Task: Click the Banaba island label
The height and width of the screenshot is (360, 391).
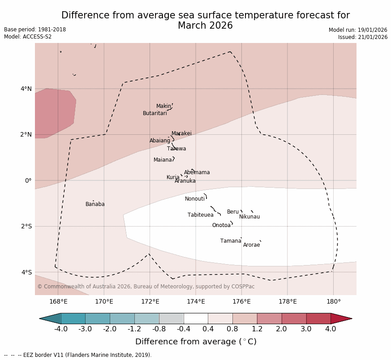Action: click(95, 205)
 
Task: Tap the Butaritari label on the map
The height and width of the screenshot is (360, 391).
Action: click(155, 114)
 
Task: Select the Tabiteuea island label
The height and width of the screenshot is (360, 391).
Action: click(201, 215)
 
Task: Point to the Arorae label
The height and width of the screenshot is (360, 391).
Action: click(251, 245)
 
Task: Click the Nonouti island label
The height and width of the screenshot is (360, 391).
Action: click(195, 199)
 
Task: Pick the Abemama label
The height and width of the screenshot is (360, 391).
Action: click(197, 173)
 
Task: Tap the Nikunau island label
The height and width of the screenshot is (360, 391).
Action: click(249, 217)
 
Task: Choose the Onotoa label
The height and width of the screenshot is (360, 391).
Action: click(221, 226)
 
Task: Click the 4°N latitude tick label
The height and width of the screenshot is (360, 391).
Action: click(26, 89)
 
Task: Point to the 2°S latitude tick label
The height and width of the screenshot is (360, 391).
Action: click(26, 227)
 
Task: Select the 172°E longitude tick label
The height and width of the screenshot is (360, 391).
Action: click(150, 302)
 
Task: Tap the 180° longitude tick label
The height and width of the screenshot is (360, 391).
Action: click(334, 302)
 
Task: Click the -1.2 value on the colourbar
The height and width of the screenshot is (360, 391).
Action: click(134, 329)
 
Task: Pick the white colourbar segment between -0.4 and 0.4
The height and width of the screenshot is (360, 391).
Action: click(196, 319)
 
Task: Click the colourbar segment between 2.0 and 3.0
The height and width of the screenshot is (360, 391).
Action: click(294, 319)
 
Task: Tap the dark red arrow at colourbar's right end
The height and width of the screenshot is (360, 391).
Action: click(340, 319)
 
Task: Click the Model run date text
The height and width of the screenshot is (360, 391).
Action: click(358, 30)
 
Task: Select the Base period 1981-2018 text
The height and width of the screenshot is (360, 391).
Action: click(35, 30)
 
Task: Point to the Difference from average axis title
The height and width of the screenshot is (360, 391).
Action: click(196, 342)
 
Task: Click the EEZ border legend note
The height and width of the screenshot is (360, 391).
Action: click(78, 356)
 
